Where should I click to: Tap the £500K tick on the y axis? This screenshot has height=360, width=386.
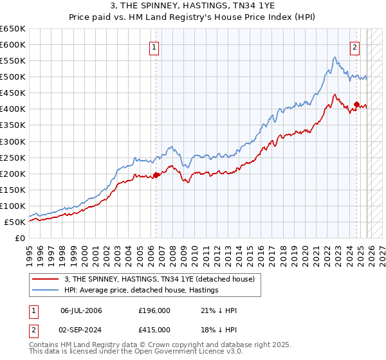tap(13, 77)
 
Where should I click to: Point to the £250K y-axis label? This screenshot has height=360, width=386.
tap(13, 157)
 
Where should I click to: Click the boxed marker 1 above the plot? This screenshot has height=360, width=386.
tap(155, 47)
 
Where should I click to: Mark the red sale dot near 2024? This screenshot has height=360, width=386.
tap(356, 104)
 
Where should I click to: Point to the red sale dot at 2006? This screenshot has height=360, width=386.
tap(156, 175)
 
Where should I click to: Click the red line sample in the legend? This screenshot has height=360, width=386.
tap(45, 279)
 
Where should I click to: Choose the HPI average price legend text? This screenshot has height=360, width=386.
tap(142, 291)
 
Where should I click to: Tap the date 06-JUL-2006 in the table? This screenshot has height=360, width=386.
tap(81, 310)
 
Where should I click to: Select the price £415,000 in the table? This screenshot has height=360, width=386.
tap(154, 329)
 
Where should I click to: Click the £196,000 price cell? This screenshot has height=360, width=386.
tap(154, 310)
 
